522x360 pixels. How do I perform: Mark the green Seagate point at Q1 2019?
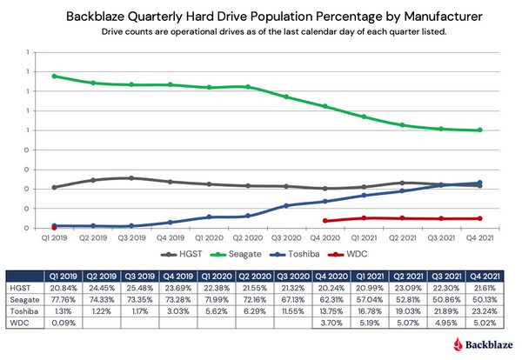click(x=54, y=76)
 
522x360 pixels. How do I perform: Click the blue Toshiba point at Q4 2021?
click(x=480, y=183)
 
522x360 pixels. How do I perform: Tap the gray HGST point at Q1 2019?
click(x=54, y=187)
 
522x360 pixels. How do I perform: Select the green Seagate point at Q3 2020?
click(x=286, y=97)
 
